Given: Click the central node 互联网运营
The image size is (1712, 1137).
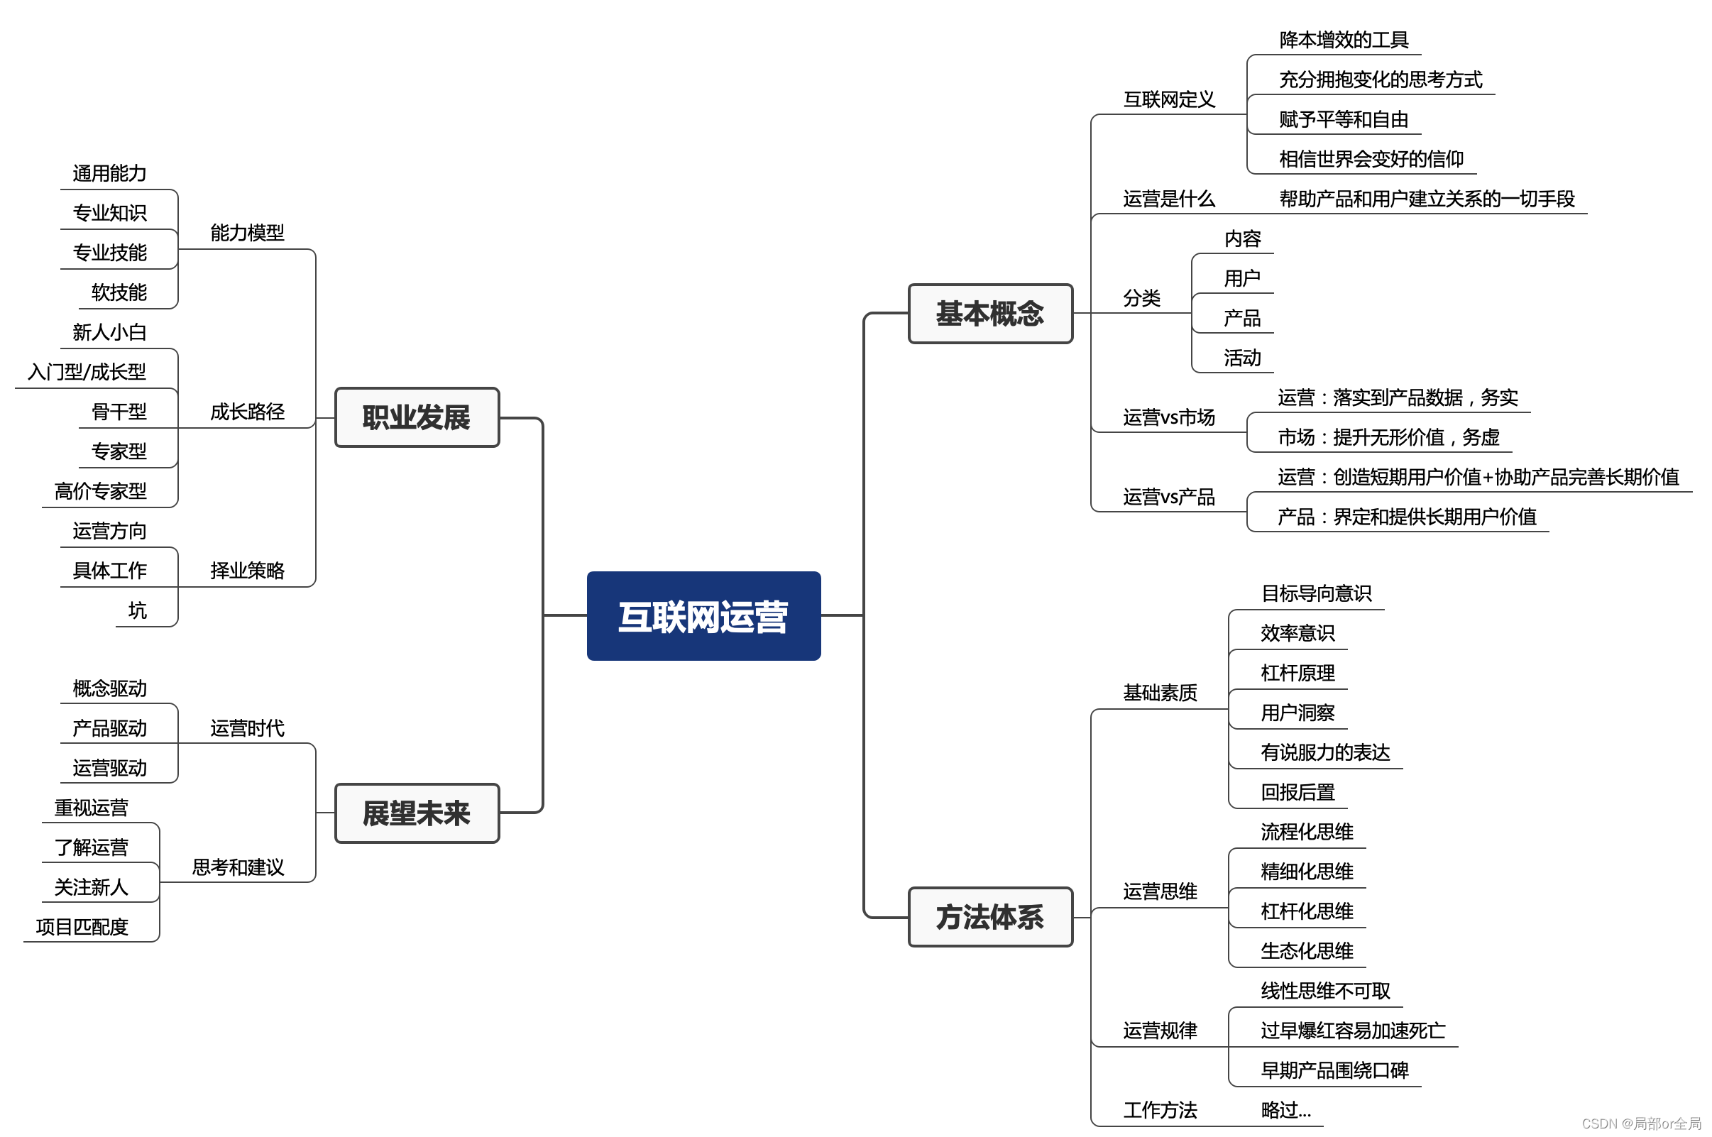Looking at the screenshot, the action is (703, 616).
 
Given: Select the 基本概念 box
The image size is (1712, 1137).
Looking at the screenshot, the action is (989, 313).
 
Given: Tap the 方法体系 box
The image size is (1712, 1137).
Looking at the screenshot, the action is (989, 917).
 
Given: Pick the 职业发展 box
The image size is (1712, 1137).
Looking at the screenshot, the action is (417, 417).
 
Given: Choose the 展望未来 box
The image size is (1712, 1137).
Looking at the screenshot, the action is (417, 813).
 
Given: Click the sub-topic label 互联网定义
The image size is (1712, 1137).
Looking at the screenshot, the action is (1169, 99).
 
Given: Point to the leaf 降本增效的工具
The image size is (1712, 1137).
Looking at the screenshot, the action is (1344, 40).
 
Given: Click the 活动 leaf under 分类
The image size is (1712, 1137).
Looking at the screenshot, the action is (1242, 358).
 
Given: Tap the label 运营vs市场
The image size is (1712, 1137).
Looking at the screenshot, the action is (1169, 417).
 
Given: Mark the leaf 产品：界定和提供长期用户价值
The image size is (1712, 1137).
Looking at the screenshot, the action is (1407, 517).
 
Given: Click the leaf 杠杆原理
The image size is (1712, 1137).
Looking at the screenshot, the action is (1297, 673).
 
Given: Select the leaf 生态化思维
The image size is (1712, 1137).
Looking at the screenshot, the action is (1307, 950).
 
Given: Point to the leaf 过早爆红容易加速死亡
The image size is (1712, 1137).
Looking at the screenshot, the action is (1352, 1031).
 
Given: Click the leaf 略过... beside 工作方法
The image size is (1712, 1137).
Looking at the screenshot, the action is (1285, 1110).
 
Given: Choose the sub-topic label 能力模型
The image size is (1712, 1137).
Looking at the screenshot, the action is (247, 233).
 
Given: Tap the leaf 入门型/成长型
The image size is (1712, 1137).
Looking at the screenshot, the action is (87, 372).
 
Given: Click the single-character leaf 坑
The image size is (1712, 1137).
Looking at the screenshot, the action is (137, 610).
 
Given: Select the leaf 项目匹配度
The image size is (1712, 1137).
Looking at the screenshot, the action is (82, 927).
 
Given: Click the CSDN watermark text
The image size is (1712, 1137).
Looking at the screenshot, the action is (1641, 1124).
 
